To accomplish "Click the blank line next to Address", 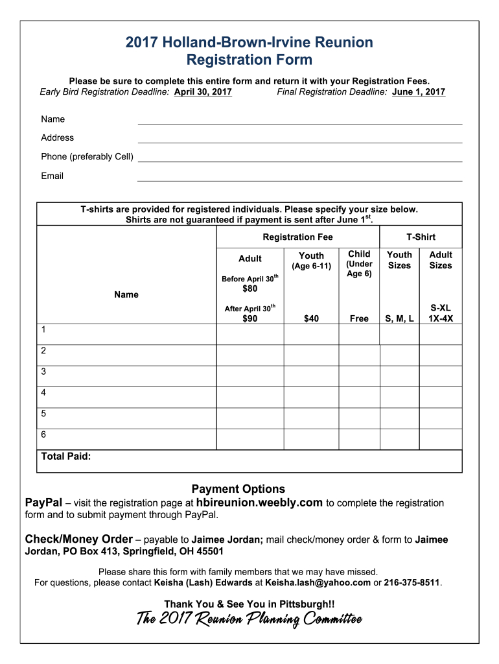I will pos(299,139).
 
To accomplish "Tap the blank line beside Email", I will pos(299,177).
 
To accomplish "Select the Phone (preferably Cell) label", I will pos(87,156).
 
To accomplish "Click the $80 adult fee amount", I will pos(250,289).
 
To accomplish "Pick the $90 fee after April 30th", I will pos(250,318).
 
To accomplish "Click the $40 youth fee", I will pos(311,318).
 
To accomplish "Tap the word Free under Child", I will pos(359,318).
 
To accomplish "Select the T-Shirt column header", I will pos(421,237).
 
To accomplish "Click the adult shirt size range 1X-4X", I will pos(441,318).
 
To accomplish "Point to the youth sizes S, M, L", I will pos(399,318).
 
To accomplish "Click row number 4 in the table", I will pos(43,392).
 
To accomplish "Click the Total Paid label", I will pos(65,456).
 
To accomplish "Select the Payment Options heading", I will pos(238,489).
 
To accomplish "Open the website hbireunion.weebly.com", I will pos(259,503).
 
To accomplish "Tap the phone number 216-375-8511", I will pos(412,582).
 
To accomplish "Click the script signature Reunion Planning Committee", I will pos(249,620).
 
